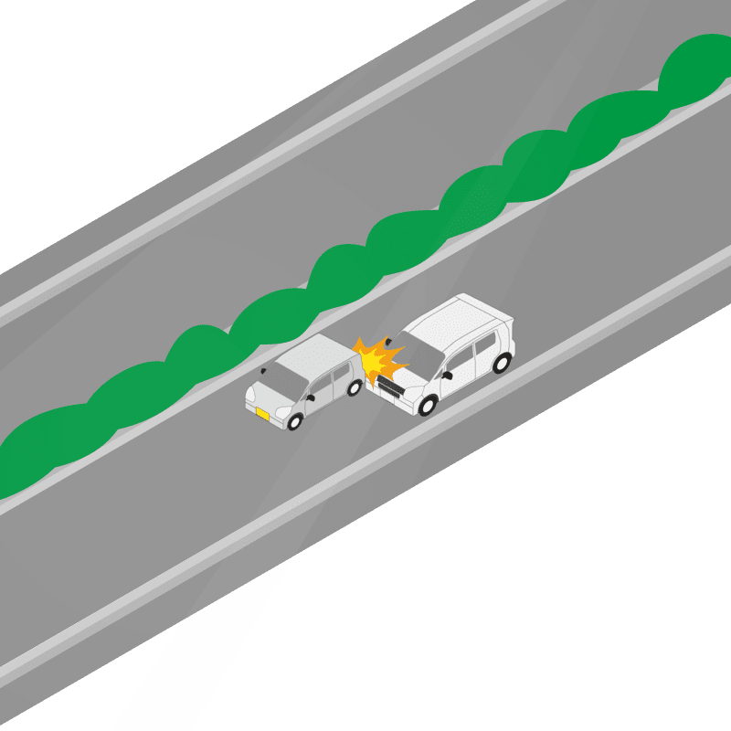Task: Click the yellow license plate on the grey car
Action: point(262,415)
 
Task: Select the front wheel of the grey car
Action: point(295,422)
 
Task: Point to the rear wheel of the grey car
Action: point(355,387)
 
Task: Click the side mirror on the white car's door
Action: point(448,375)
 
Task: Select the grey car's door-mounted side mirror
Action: point(312,397)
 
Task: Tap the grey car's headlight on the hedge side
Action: point(251,395)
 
